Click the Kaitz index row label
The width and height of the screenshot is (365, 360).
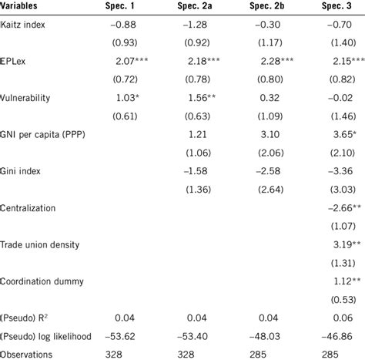(x=25, y=26)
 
